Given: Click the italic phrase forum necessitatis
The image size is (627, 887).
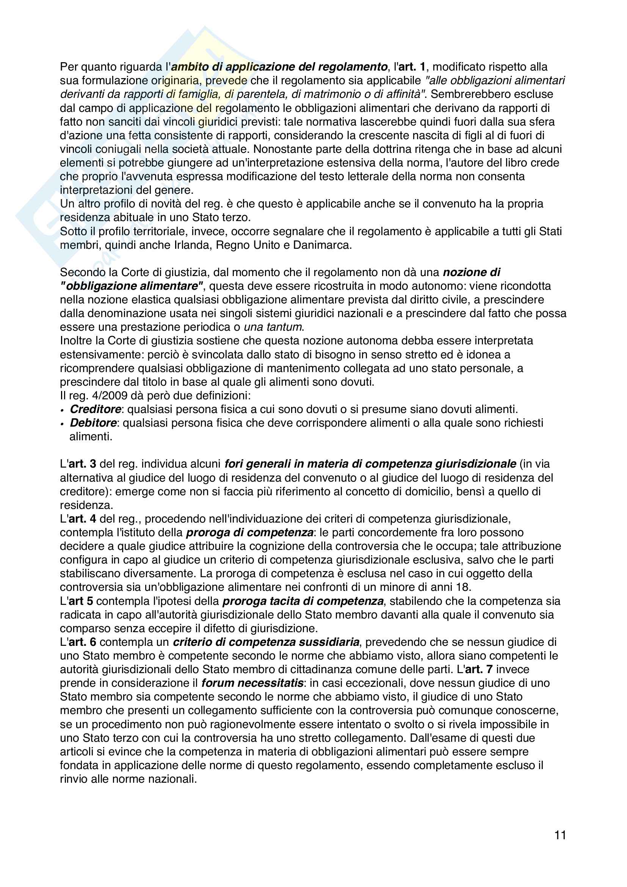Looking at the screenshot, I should (252, 683).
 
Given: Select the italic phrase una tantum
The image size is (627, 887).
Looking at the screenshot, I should (273, 327).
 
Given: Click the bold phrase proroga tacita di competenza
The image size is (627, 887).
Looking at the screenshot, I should (303, 601).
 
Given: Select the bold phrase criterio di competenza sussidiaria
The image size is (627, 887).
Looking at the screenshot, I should (266, 642).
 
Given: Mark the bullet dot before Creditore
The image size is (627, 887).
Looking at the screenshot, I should (62, 410).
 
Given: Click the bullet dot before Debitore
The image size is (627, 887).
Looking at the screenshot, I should (62, 424).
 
